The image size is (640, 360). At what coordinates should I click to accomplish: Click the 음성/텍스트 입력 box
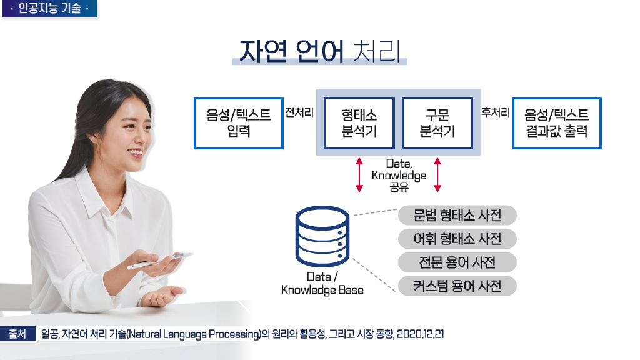[239, 123]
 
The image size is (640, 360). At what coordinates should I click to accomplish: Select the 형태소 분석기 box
[359, 123]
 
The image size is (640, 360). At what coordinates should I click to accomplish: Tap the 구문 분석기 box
[437, 123]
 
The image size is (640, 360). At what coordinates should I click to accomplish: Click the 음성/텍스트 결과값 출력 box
[557, 123]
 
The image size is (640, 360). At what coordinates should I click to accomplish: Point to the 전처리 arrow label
[299, 113]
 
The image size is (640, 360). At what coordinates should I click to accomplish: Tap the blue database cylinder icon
[322, 237]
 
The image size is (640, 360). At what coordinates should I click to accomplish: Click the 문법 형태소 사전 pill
[457, 216]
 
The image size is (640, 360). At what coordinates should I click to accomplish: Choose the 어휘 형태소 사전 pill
[457, 239]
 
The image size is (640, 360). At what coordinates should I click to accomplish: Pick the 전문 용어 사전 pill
[457, 262]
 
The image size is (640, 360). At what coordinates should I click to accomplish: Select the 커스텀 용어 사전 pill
[457, 286]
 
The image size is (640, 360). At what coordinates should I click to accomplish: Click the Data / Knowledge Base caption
[322, 283]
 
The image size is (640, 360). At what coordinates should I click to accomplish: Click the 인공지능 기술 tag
[49, 9]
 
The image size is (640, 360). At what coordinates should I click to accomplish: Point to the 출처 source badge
[17, 334]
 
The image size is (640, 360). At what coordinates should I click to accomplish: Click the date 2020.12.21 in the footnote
[420, 334]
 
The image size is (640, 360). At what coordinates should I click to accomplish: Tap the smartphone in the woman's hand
[159, 261]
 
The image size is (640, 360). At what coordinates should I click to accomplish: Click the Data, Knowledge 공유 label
[399, 174]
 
